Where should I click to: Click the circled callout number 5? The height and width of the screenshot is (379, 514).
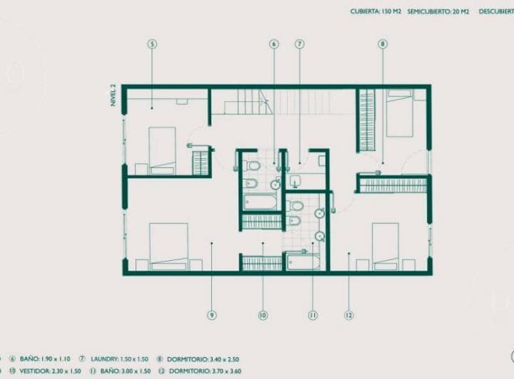tap(152, 44)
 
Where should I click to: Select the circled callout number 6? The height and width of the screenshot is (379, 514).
tap(273, 44)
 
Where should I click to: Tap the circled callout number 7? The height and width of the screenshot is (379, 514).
tap(299, 44)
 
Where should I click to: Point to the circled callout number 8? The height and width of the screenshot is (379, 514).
tap(383, 44)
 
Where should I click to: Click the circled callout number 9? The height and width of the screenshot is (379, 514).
tap(212, 314)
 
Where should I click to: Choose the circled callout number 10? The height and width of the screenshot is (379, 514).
tap(263, 314)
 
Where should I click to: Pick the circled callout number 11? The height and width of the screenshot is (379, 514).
tap(312, 314)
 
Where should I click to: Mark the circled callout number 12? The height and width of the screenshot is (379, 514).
tap(348, 314)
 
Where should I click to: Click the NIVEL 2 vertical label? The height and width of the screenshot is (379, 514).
tap(113, 94)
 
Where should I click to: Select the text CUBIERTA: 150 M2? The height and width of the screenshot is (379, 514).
tap(376, 11)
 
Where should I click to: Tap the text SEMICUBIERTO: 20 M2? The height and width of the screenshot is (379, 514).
tap(438, 11)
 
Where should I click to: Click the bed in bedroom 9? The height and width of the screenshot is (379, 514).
tap(168, 246)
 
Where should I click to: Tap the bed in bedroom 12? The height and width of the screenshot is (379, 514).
tap(385, 246)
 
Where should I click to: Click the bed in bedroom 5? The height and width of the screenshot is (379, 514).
tap(162, 150)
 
